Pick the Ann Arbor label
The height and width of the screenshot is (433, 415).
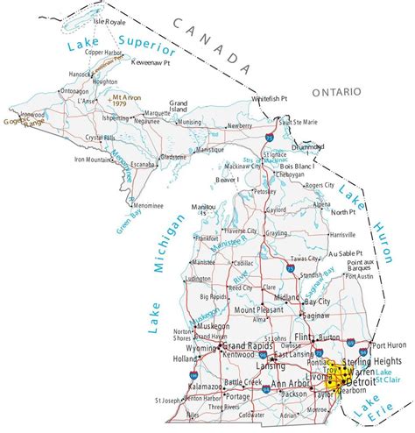pos(291,384)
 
